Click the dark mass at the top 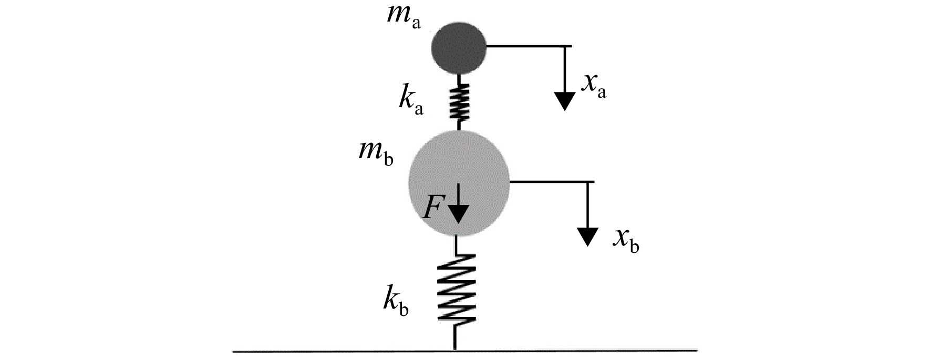(x=459, y=47)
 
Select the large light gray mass (x=459, y=182)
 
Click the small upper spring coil (x=459, y=102)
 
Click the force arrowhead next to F (x=459, y=214)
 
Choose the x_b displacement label (x=626, y=240)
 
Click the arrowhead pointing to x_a (x=564, y=101)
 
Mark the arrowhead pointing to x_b (x=587, y=236)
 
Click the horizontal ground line (x=465, y=350)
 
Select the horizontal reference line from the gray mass (x=552, y=182)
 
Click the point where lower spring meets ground (x=455, y=349)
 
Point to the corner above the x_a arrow (x=565, y=46)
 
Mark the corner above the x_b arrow (x=587, y=182)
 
